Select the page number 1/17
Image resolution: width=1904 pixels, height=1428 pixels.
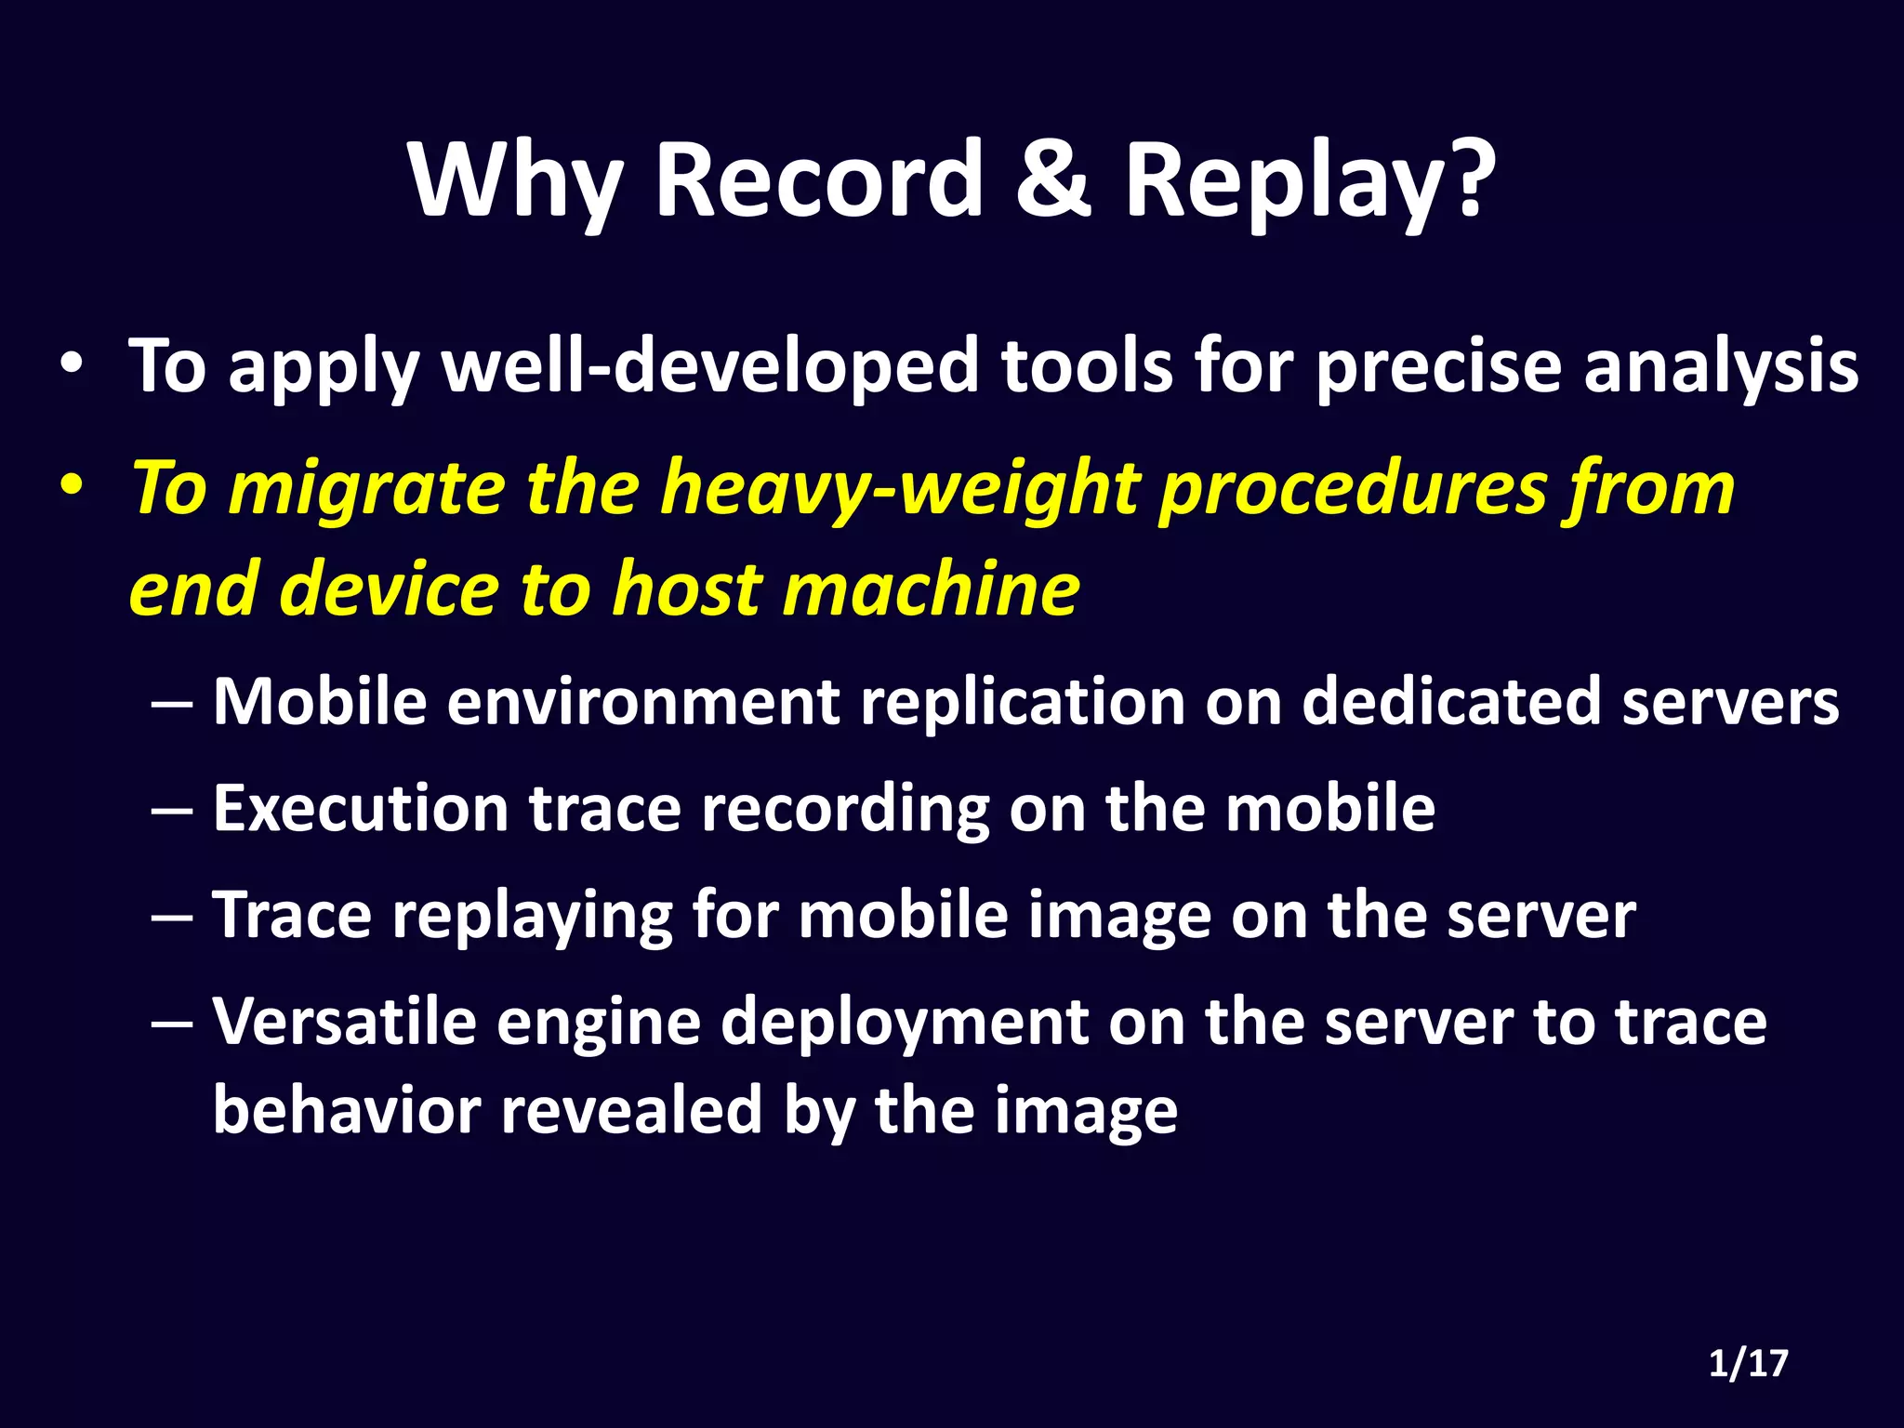pos(1748,1364)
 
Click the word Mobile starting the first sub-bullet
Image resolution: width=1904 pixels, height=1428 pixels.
pos(320,701)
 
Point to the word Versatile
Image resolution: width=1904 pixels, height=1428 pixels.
pos(344,1023)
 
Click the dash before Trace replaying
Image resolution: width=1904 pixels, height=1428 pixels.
pos(172,917)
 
